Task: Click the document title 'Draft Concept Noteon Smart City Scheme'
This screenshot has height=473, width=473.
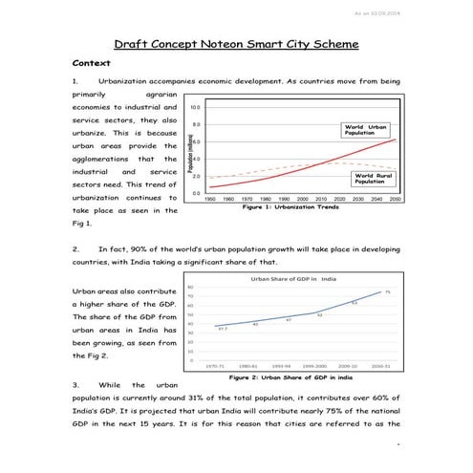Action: coord(236,44)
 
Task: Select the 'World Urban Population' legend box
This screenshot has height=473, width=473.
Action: coord(367,129)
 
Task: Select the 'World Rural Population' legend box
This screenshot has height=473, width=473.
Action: coord(374,178)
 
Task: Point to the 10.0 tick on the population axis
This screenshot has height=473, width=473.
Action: coord(196,109)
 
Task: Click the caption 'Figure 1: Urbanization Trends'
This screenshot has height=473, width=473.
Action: coord(290,207)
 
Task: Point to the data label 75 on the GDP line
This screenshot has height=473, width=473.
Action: coord(387,291)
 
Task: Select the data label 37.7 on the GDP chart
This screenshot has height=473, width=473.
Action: coord(223,329)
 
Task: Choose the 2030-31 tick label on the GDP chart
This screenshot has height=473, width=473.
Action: coord(379,365)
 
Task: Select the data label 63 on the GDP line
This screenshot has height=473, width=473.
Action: coord(354,303)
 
